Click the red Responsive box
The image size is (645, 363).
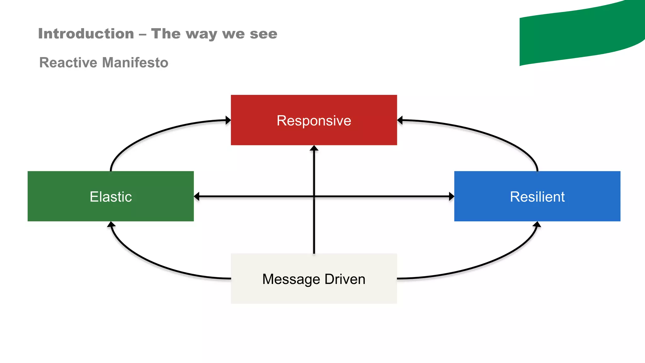click(x=314, y=120)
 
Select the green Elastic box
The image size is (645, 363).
click(x=111, y=196)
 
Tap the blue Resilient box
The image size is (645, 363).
click(x=537, y=196)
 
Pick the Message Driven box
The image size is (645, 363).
click(x=314, y=279)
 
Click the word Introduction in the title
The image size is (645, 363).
click(x=86, y=33)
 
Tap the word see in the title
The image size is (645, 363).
click(x=264, y=33)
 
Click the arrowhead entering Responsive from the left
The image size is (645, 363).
click(x=228, y=120)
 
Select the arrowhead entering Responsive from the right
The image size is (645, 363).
click(x=400, y=120)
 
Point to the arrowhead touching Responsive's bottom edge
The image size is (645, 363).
click(x=314, y=148)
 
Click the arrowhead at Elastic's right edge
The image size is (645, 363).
click(x=197, y=196)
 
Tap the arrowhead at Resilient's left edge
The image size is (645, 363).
click(x=452, y=196)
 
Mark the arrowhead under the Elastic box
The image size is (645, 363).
click(x=111, y=224)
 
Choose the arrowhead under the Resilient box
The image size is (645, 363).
click(x=537, y=224)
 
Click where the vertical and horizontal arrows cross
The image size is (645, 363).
click(x=314, y=196)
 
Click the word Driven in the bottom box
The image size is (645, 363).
click(x=345, y=279)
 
